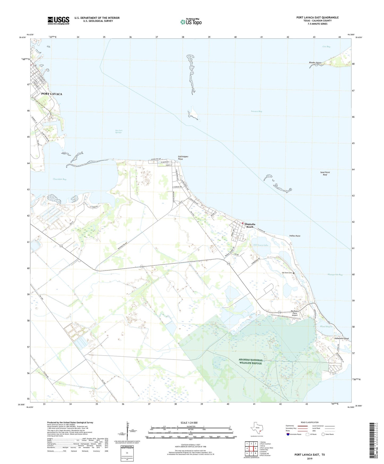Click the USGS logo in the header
click(58, 20)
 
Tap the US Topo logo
click(191, 22)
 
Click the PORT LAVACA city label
click(52, 94)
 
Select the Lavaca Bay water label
click(256, 111)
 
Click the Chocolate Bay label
click(60, 179)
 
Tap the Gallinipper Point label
click(183, 158)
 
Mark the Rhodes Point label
click(315, 63)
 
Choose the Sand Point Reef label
click(325, 174)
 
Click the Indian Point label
click(295, 236)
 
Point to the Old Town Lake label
click(260, 245)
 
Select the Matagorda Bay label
click(335, 275)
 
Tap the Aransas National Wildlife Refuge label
click(250, 361)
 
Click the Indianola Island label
click(341, 339)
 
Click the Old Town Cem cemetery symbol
click(294, 273)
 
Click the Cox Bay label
click(326, 47)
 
